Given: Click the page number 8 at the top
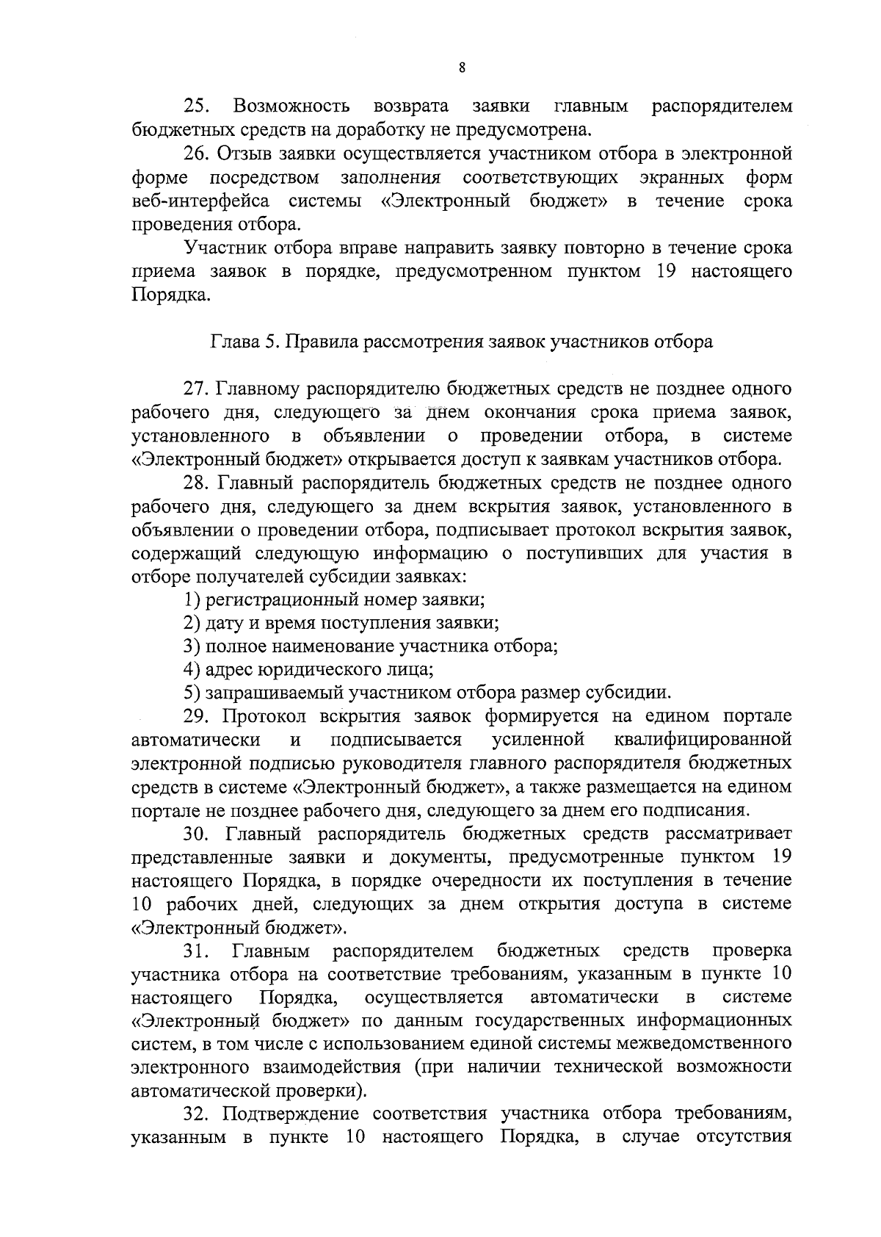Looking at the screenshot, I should coord(461,68).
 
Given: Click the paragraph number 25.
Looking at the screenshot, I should coord(196,107).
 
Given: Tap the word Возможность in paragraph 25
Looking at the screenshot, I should coord(291,107).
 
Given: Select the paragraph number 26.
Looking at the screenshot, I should coord(196,154).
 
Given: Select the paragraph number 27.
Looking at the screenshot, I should coord(196,389).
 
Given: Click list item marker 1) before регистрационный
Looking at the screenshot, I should coord(192,600).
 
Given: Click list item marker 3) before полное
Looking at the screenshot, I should coord(192,647).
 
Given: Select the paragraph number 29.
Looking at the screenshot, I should coord(196,717).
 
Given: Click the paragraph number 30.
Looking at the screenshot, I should coord(196,834).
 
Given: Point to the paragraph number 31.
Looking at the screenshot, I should coord(196,952).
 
